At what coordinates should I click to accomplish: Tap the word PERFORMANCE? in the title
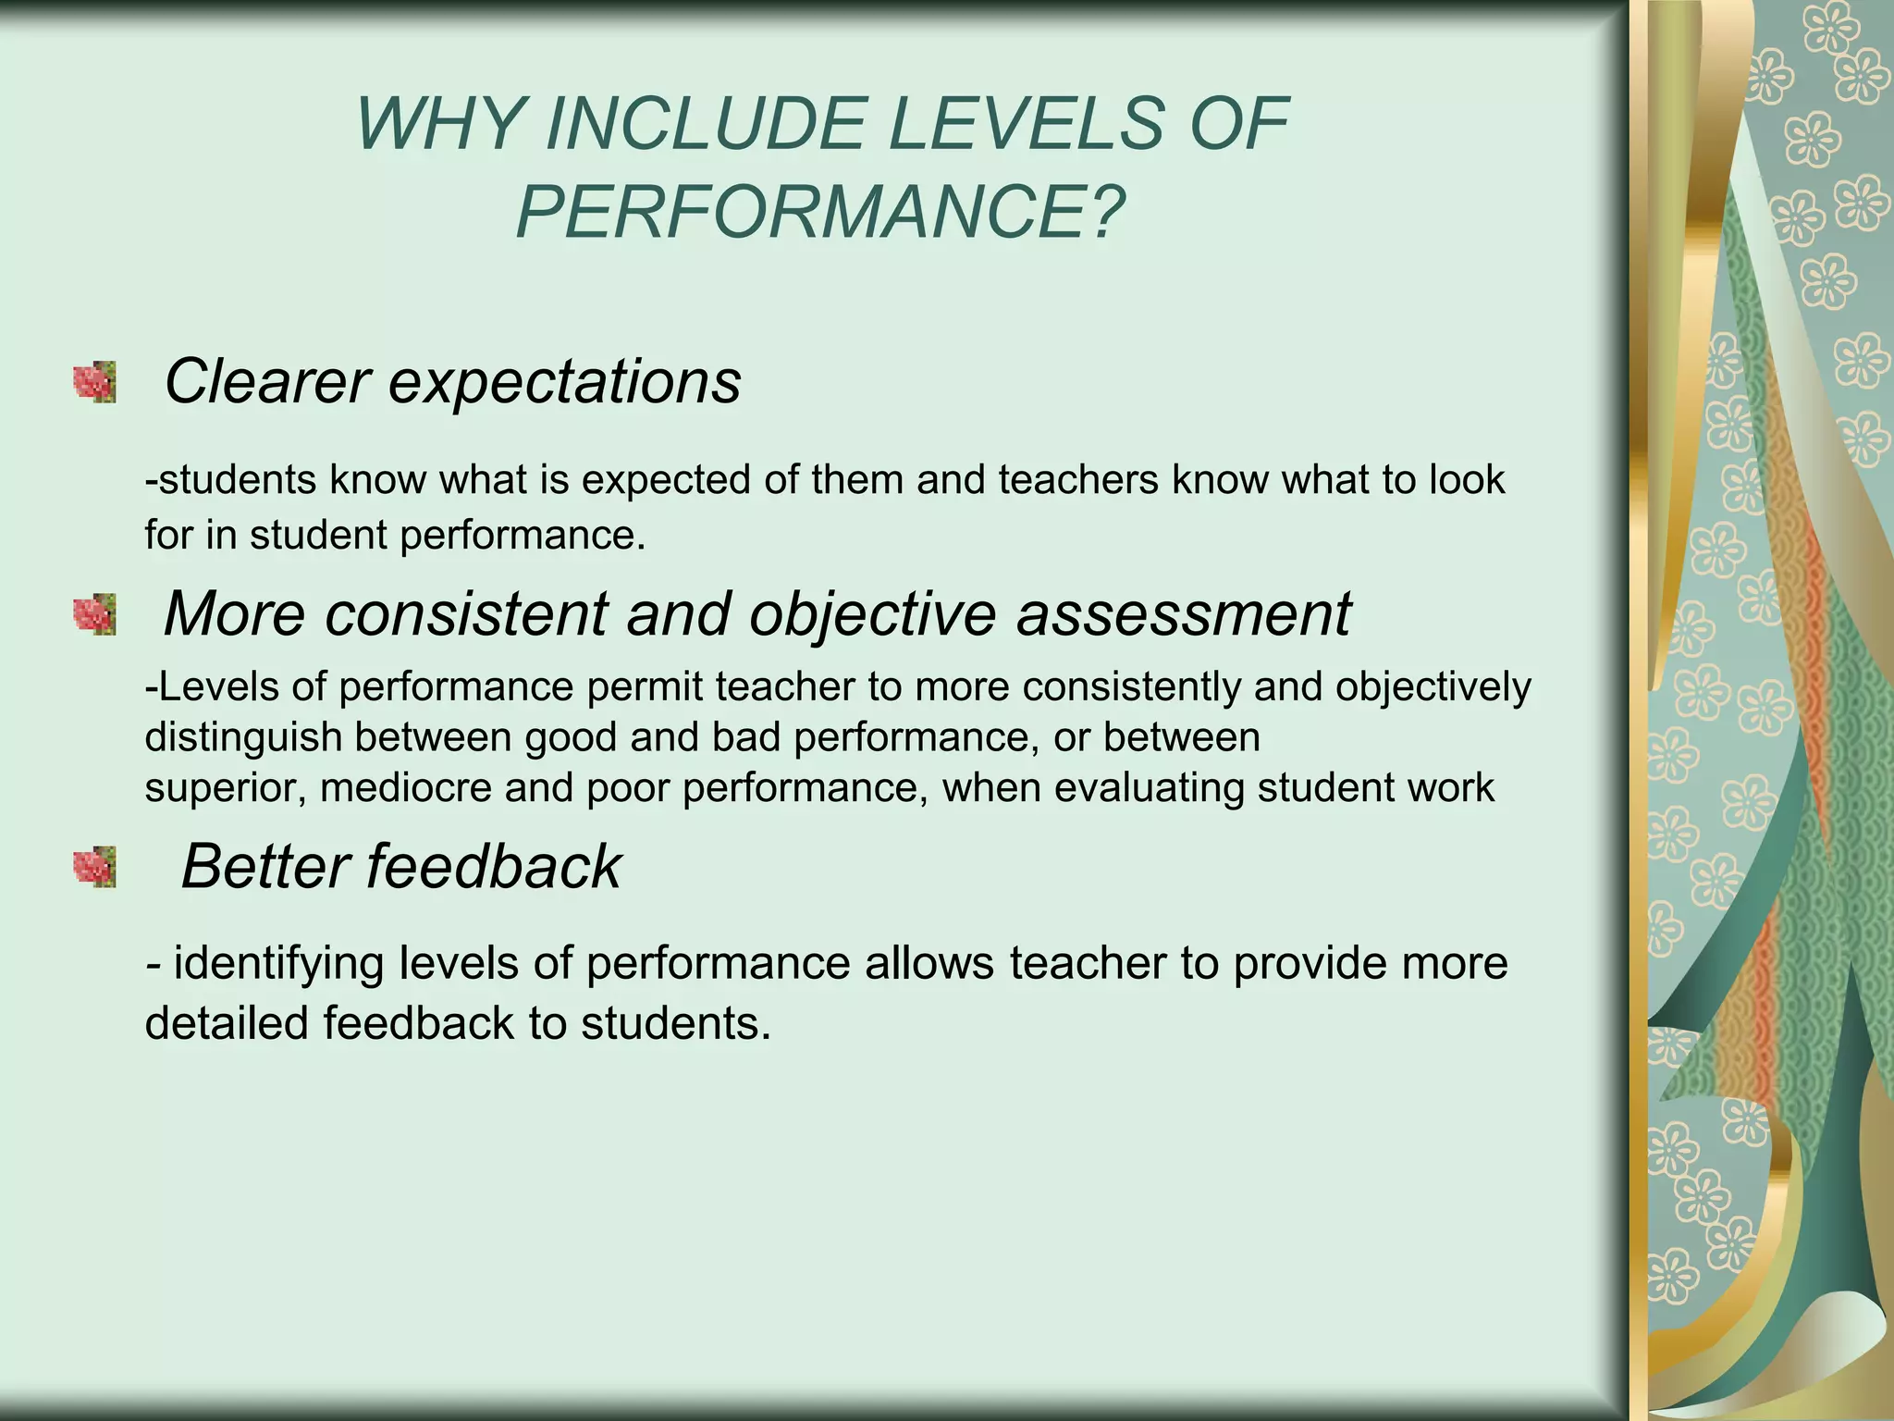pyautogui.click(x=820, y=214)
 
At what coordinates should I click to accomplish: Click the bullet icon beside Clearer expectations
pyautogui.click(x=95, y=382)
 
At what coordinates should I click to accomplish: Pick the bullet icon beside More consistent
pyautogui.click(x=95, y=614)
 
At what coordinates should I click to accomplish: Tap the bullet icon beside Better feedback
pyautogui.click(x=95, y=867)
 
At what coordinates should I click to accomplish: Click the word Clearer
pyautogui.click(x=266, y=381)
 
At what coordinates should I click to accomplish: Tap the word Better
pyautogui.click(x=264, y=867)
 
